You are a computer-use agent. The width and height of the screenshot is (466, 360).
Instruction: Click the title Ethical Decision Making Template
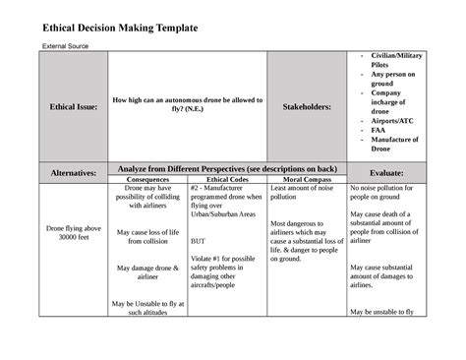(x=119, y=28)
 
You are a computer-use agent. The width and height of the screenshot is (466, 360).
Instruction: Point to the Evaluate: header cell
(x=385, y=172)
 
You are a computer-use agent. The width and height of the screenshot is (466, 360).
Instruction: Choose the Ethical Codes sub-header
(x=225, y=181)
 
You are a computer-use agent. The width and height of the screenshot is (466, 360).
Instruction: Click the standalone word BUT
(x=199, y=240)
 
